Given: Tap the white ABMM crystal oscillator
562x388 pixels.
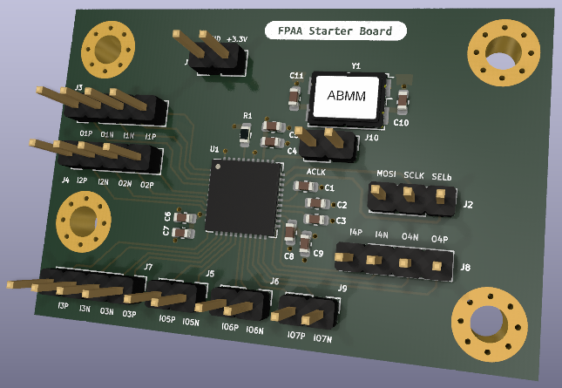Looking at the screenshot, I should pos(345,96).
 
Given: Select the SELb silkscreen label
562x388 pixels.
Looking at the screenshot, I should pos(442,177).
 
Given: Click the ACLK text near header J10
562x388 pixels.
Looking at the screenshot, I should pos(316,174).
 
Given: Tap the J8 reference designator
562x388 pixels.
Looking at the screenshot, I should pos(466,268).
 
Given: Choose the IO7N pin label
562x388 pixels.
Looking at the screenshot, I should pos(322,338).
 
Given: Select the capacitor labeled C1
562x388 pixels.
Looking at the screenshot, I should pos(313,187).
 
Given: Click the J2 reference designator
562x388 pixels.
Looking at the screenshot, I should pos(468,205).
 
